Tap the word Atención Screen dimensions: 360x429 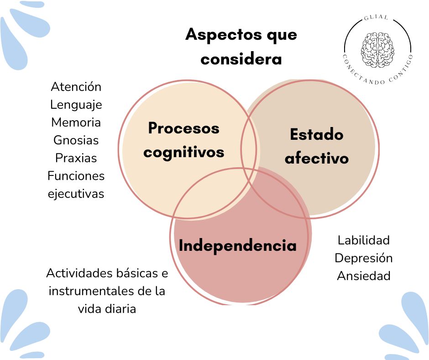(76, 86)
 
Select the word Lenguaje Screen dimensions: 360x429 (76, 105)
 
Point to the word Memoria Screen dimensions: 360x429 (76, 122)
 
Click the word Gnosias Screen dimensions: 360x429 (76, 140)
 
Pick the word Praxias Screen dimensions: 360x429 (76, 158)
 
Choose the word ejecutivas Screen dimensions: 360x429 (76, 194)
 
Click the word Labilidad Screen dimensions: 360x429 (364, 240)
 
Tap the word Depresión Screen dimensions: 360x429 (364, 258)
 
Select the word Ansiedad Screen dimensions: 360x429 (364, 276)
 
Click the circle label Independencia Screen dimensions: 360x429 (237, 246)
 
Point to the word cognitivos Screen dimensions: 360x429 (183, 152)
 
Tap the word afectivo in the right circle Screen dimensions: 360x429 (316, 158)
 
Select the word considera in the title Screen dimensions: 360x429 (241, 59)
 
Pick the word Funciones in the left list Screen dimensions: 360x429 (76, 176)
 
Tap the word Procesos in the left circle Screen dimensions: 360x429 (183, 128)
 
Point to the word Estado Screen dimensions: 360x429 (316, 135)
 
